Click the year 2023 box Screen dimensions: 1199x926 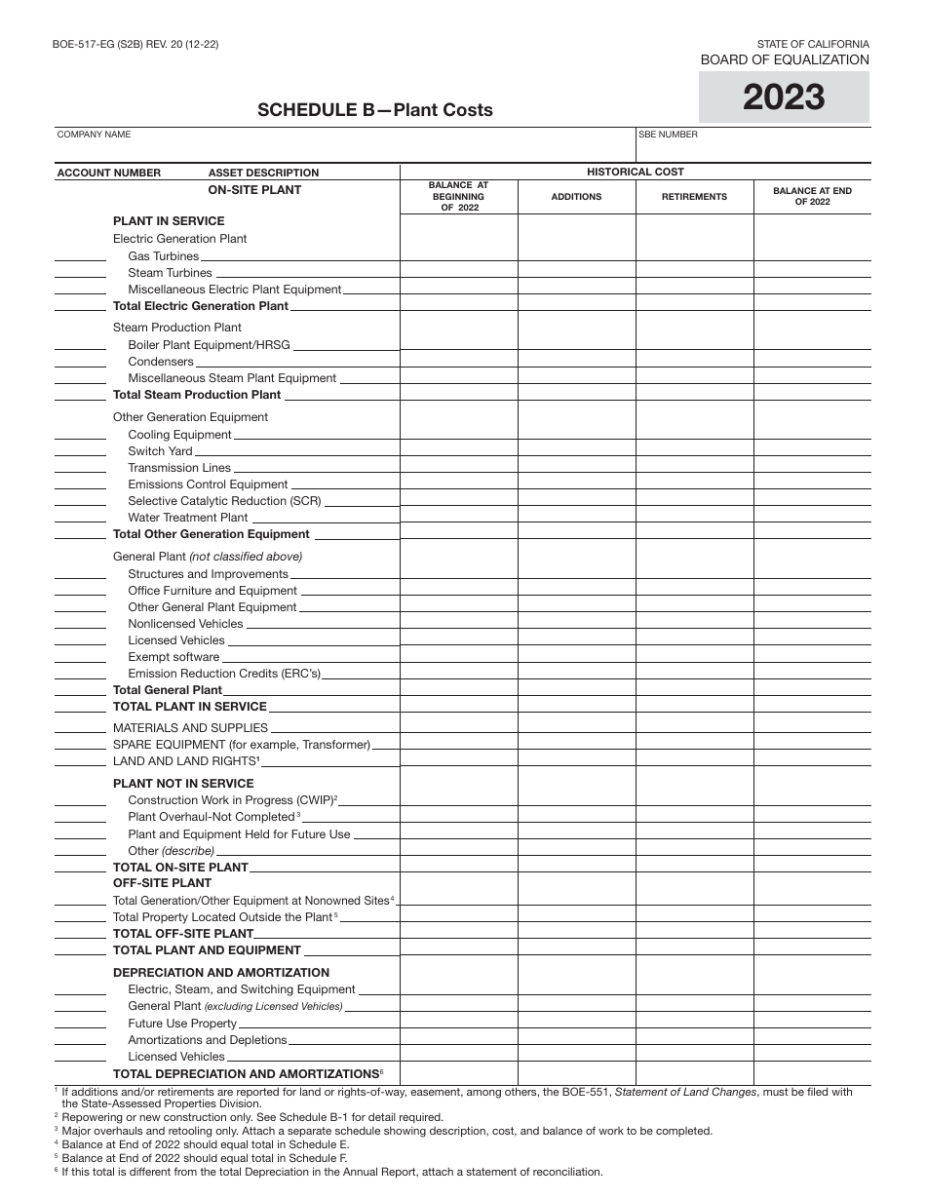tap(784, 97)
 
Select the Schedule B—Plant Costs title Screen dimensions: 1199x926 tap(374, 110)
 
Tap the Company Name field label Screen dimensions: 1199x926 tap(94, 135)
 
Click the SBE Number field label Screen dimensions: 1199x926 tap(668, 135)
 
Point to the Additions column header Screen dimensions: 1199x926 tap(576, 197)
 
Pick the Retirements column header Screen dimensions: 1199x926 tap(694, 197)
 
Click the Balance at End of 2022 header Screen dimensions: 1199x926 tap(812, 196)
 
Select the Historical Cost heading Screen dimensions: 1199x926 tap(635, 172)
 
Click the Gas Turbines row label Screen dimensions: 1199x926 tap(163, 256)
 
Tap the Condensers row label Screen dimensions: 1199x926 tap(161, 362)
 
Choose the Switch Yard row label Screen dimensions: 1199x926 tap(160, 451)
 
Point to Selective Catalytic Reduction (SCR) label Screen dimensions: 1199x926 tap(224, 501)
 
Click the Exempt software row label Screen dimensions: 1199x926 tap(174, 657)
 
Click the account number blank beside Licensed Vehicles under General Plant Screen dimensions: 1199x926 tap(80, 642)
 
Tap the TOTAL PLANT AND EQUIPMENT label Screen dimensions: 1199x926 tap(207, 950)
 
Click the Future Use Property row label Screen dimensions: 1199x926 tap(182, 1024)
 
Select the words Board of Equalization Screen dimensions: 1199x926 tap(784, 59)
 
